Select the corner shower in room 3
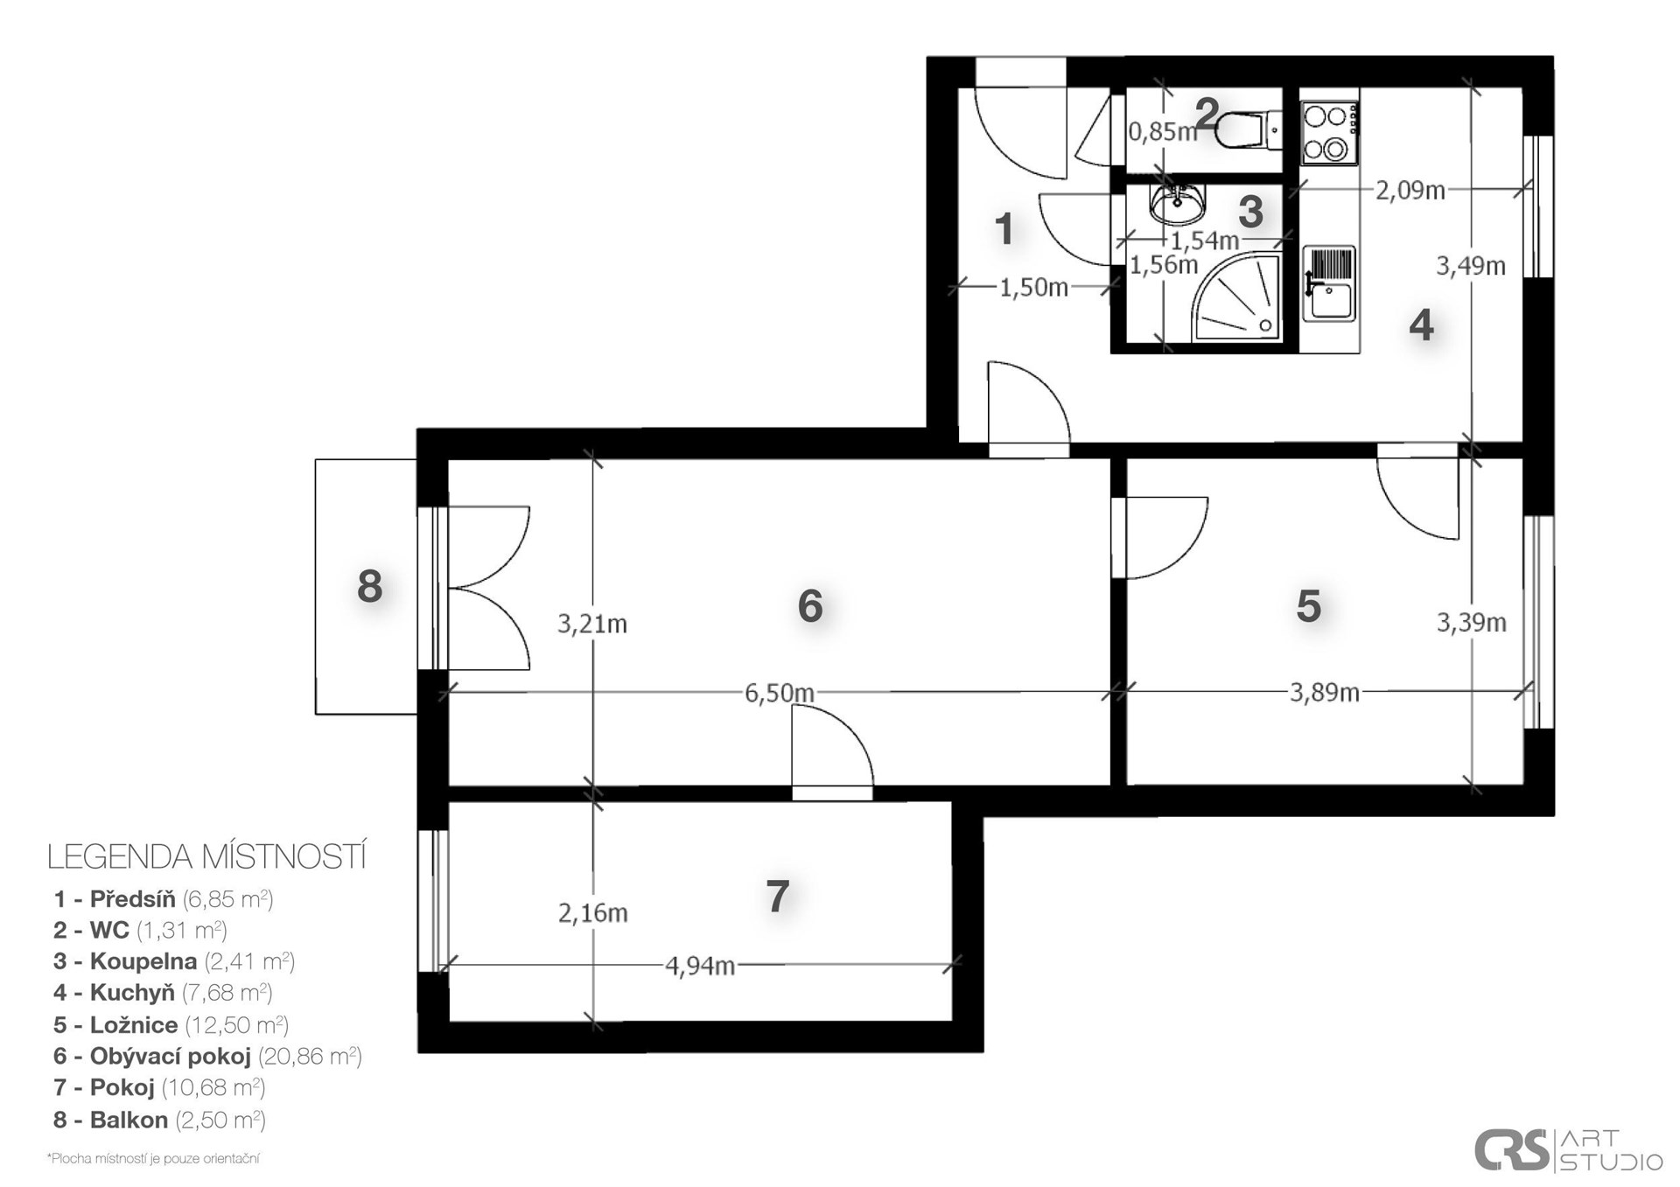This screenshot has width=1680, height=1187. [x=1236, y=297]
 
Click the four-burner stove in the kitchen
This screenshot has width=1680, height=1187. [x=1328, y=133]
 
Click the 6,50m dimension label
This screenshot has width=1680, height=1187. [x=779, y=693]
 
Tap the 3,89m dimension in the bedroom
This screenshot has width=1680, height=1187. [x=1324, y=693]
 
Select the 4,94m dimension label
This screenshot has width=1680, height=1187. [x=700, y=967]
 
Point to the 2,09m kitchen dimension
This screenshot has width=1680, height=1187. [x=1410, y=190]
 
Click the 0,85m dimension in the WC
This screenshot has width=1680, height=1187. [x=1162, y=132]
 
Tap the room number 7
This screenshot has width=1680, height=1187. [x=778, y=897]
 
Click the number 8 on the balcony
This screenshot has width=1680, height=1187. [x=370, y=586]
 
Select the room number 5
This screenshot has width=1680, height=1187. [x=1308, y=606]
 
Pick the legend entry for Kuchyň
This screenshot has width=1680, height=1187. [x=163, y=993]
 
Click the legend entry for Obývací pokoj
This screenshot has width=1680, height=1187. [x=207, y=1056]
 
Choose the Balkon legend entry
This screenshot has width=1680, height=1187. [x=159, y=1120]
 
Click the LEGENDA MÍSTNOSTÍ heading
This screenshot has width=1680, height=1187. [x=206, y=856]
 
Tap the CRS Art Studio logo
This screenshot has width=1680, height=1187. [x=1568, y=1149]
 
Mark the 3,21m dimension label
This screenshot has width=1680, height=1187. [x=592, y=624]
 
